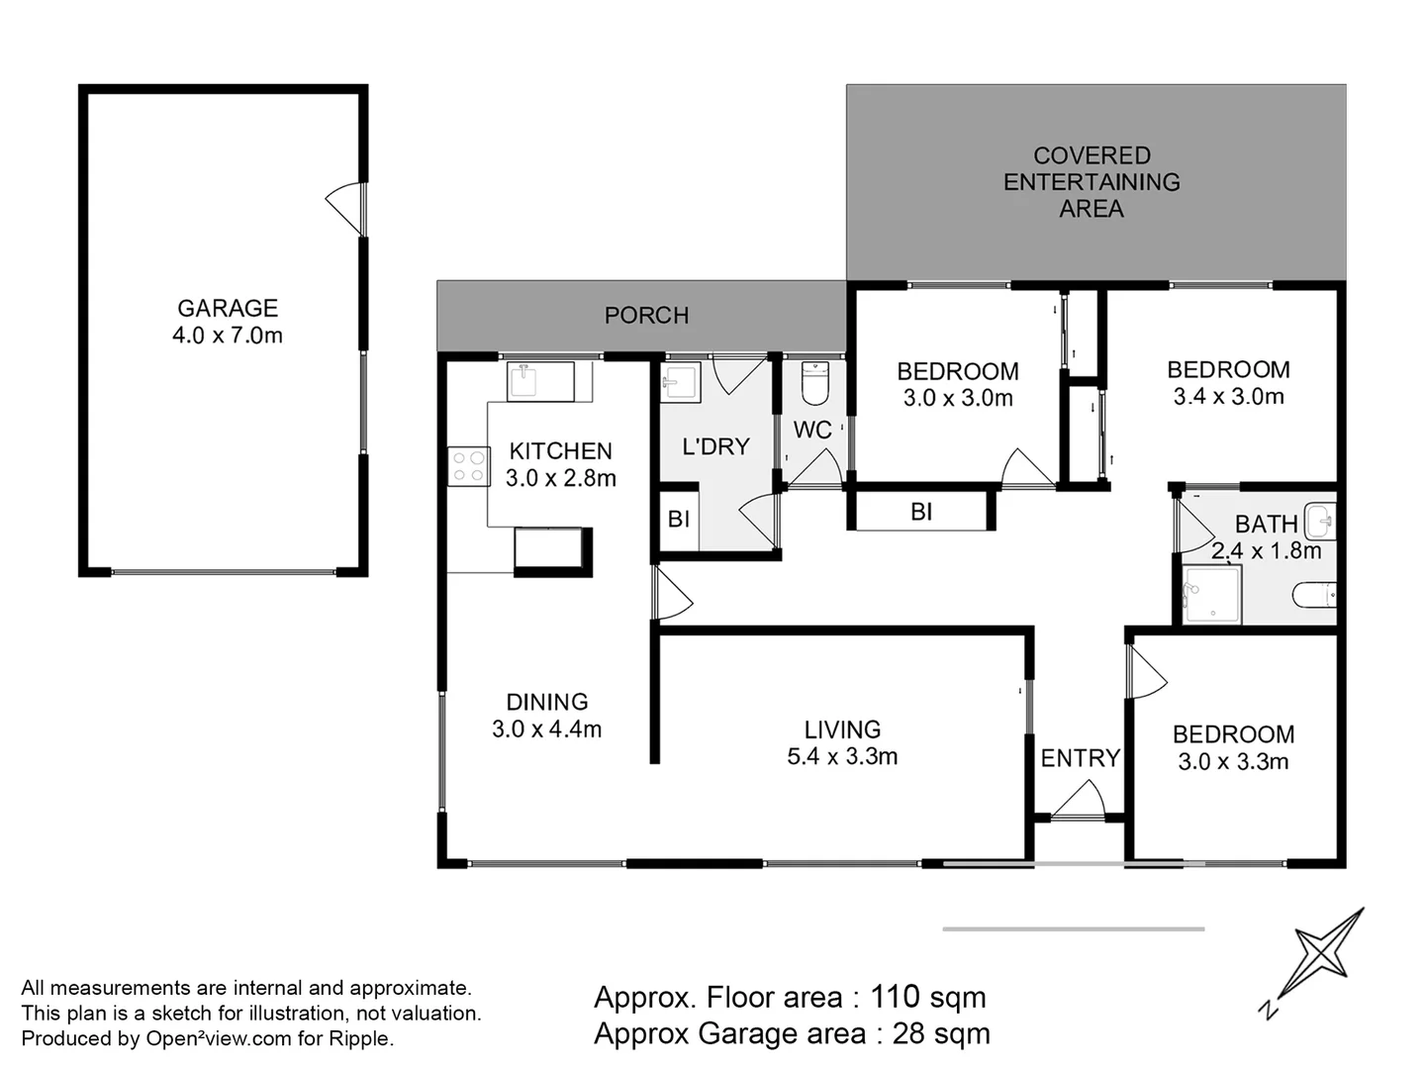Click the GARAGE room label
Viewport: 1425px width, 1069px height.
click(x=228, y=308)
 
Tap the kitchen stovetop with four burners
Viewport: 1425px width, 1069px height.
click(x=469, y=466)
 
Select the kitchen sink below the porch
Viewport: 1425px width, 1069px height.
click(x=540, y=382)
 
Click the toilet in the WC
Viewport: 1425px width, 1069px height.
click(x=814, y=384)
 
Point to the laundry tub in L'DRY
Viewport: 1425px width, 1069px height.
click(x=681, y=383)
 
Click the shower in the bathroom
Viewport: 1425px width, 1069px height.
click(x=1211, y=595)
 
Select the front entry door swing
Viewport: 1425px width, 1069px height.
click(x=1078, y=800)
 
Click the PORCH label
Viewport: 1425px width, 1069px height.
click(x=646, y=316)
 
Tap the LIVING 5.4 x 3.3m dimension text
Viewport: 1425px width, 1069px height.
click(x=843, y=757)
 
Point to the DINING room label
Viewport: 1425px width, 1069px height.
click(x=547, y=702)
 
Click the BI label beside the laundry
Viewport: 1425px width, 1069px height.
click(x=679, y=520)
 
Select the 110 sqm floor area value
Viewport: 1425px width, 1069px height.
click(x=927, y=997)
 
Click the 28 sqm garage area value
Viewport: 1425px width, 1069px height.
click(x=941, y=1033)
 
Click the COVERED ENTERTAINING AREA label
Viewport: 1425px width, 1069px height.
click(x=1092, y=182)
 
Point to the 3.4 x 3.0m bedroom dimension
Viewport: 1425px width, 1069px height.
click(x=1228, y=397)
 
